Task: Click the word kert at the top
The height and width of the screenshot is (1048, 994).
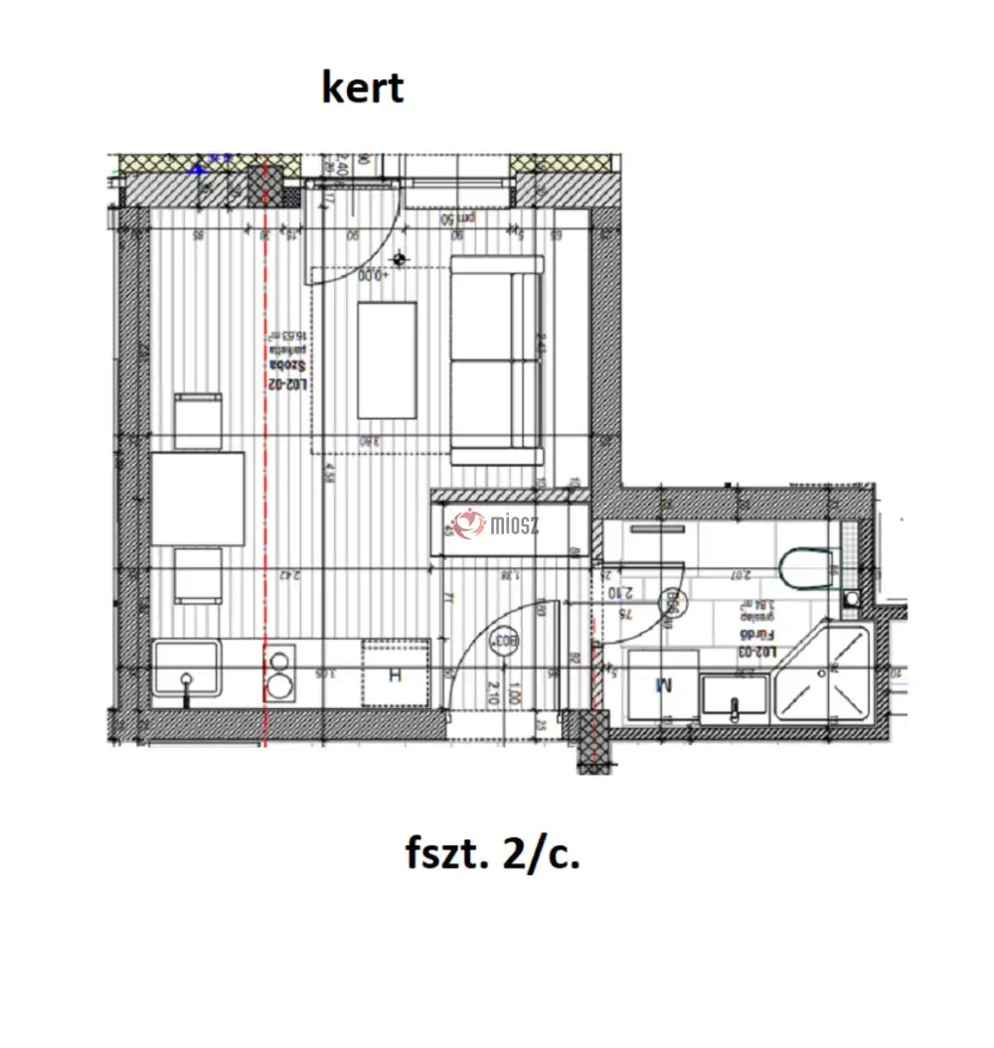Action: point(363,88)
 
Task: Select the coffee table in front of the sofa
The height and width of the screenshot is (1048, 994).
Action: point(387,360)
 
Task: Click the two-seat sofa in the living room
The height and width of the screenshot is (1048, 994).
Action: point(497,361)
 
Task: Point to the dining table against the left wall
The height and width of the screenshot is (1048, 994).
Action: point(198,498)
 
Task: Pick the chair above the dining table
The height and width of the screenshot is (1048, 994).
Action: point(198,420)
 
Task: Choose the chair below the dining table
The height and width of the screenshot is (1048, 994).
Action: point(198,575)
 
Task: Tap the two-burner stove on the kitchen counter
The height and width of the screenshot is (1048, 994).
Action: point(280,674)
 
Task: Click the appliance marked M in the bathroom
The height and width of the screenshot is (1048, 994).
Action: point(663,683)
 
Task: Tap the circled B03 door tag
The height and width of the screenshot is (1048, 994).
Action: point(505,641)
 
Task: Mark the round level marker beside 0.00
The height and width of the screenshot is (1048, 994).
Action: point(400,259)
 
